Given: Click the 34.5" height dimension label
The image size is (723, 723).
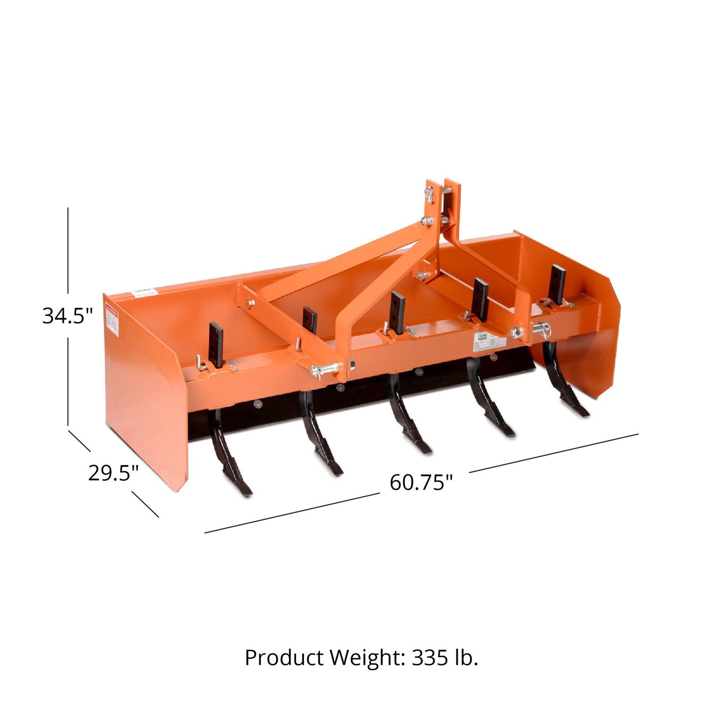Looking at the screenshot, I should coord(67,315).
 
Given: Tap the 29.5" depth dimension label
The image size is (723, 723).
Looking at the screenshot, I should coord(113,473).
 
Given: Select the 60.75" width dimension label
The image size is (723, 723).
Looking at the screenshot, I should coord(421,482).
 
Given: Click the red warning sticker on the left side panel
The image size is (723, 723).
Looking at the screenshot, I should coord(111,321).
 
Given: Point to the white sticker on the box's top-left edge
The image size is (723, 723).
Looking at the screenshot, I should coord(144,293).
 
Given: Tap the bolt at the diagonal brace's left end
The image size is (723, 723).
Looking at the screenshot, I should coord(250,303).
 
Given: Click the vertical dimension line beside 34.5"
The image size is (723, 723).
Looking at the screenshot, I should coord(68,253).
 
